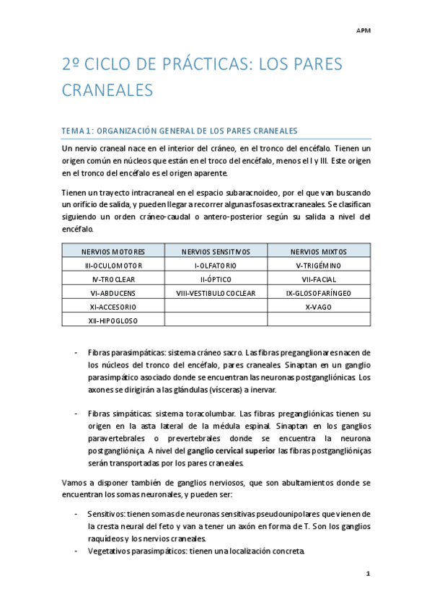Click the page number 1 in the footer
pos(368,574)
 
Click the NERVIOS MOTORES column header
pos(113,252)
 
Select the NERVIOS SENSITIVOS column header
pos(216,252)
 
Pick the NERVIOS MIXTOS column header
pos(318,252)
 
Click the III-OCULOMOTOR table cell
pos(113,266)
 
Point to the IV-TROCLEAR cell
pos(113,279)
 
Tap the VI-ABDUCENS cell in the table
pos(113,293)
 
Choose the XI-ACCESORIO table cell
pos(113,307)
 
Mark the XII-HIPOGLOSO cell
pos(113,320)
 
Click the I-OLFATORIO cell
pos(216,266)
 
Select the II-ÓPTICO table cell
pos(216,279)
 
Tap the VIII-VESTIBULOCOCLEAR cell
pos(216,293)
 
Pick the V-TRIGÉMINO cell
pos(318,266)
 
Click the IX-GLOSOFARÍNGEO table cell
pos(318,293)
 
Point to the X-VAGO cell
pos(318,307)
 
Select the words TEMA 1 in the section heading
pos(77,131)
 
